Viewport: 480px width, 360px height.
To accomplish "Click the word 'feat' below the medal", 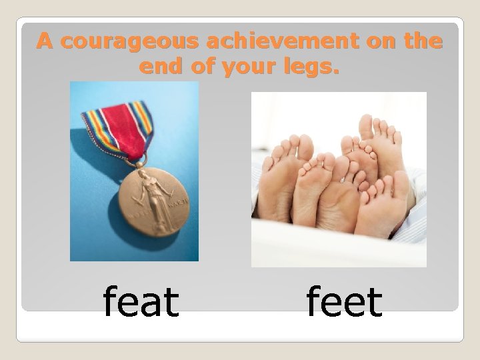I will point(141,302).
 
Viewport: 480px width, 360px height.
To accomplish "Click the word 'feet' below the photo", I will point(344,302).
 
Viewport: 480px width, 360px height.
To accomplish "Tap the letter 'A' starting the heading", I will point(45,42).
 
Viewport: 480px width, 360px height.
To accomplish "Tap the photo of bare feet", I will point(339,179).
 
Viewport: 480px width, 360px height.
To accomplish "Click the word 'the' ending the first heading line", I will point(423,42).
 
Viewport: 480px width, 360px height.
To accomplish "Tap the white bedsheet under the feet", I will point(333,250).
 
